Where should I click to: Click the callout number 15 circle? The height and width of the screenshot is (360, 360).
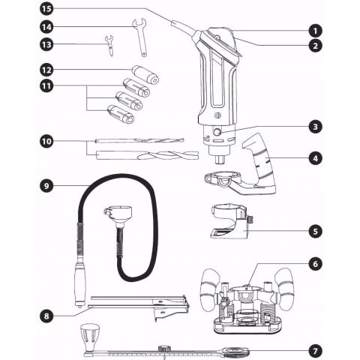pyautogui.click(x=46, y=9)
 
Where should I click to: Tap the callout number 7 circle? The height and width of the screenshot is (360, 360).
pyautogui.click(x=316, y=351)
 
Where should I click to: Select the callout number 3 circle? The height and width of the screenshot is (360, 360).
pyautogui.click(x=316, y=127)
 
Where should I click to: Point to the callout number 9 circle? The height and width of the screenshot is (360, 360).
pyautogui.click(x=46, y=186)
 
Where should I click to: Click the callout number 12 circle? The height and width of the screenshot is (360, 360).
pyautogui.click(x=46, y=70)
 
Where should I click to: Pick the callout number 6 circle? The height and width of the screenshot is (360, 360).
pyautogui.click(x=316, y=264)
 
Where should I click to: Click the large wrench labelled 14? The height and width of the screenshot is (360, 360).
pyautogui.click(x=140, y=37)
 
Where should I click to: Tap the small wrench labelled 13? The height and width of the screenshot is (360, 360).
pyautogui.click(x=109, y=46)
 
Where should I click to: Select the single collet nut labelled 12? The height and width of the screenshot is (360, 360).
pyautogui.click(x=145, y=74)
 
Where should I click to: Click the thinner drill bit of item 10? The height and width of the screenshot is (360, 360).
pyautogui.click(x=139, y=141)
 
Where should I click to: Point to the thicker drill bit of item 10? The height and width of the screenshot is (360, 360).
pyautogui.click(x=148, y=155)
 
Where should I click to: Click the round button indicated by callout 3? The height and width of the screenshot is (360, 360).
pyautogui.click(x=217, y=132)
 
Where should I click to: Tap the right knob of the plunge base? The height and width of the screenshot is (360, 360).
pyautogui.click(x=284, y=289)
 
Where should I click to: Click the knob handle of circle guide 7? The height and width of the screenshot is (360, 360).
pyautogui.click(x=90, y=337)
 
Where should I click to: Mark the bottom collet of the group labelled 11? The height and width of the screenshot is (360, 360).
pyautogui.click(x=121, y=115)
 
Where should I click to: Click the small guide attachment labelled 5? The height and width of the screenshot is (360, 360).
pyautogui.click(x=231, y=221)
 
